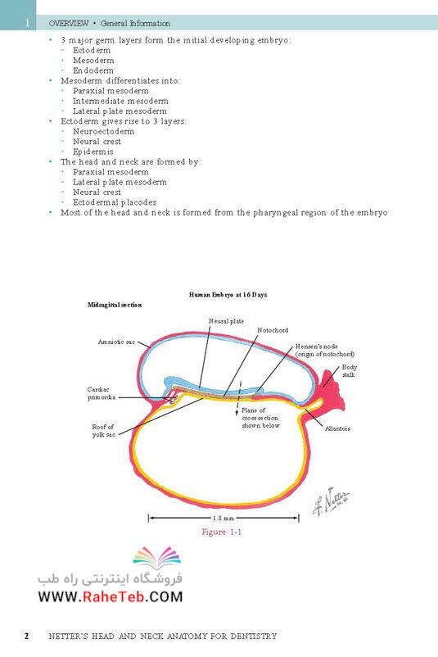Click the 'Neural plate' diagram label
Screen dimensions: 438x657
coord(226,321)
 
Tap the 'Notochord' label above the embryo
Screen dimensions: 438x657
coord(273,330)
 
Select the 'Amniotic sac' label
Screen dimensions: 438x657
coord(116,342)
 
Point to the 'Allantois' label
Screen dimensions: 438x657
coord(337,428)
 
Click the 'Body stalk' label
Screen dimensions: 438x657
coord(350,371)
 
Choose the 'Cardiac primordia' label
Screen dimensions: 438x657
coord(102,393)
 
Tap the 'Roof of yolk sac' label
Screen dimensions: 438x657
coord(103,431)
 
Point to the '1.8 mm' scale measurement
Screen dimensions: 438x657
coord(224,519)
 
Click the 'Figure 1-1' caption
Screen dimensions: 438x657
coord(222,532)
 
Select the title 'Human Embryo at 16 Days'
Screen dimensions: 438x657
coord(228,295)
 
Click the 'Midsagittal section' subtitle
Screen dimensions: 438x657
coord(115,305)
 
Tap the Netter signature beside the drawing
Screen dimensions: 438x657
coord(331,501)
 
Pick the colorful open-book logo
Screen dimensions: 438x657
coord(157,557)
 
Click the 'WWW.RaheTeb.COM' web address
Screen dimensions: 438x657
coord(111,596)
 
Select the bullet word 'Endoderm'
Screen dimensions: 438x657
coord(93,70)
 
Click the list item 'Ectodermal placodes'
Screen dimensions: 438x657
coord(115,202)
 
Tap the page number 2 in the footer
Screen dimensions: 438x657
coord(27,636)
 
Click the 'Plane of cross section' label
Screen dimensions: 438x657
coord(260,418)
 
